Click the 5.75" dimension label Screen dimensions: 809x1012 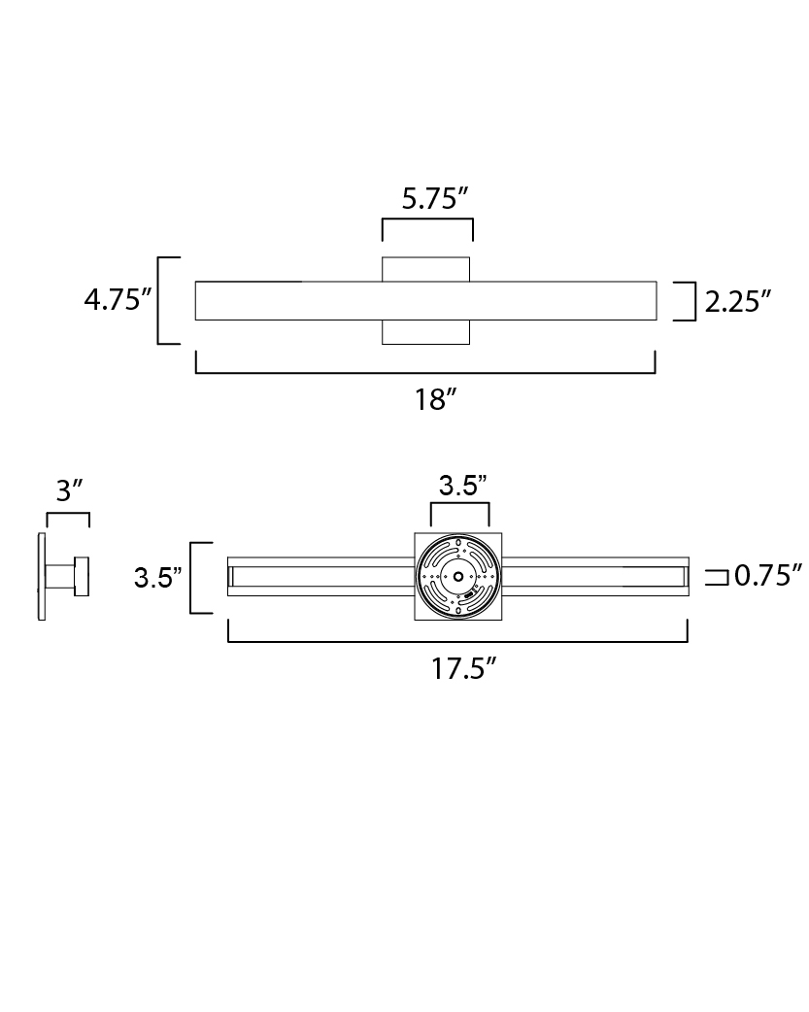(434, 198)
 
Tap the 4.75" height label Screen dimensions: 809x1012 (118, 300)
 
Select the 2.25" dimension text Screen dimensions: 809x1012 (738, 301)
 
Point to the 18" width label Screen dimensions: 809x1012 (435, 399)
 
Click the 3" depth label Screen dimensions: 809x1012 (70, 490)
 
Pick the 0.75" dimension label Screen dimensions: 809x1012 (768, 576)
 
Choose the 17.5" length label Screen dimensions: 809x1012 (463, 668)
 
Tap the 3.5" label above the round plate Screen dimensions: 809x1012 (462, 486)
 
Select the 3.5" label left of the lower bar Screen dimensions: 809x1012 (157, 578)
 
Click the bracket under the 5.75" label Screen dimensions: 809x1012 (427, 220)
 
